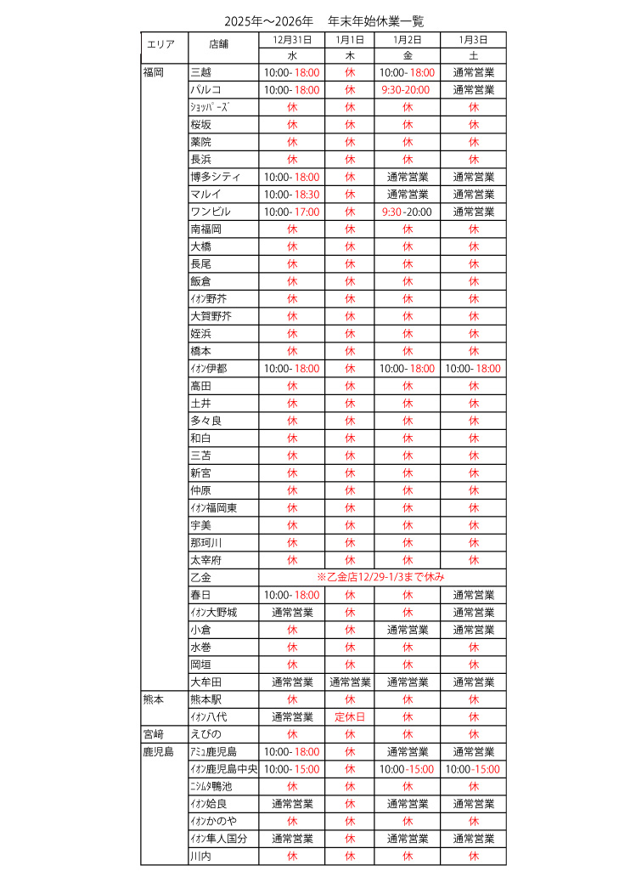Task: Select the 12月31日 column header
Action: click(x=291, y=40)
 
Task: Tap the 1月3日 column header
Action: click(x=473, y=40)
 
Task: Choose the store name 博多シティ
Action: click(x=216, y=177)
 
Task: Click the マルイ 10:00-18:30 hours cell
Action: click(x=291, y=195)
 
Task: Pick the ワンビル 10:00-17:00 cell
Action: click(x=291, y=212)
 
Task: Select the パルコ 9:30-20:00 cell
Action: click(x=407, y=90)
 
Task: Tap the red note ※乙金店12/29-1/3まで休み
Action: click(x=380, y=578)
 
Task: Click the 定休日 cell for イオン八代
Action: click(x=350, y=717)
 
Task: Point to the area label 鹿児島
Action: click(x=158, y=752)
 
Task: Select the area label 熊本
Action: click(x=154, y=699)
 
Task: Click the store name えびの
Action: click(x=205, y=734)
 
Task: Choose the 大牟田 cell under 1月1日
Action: click(x=350, y=682)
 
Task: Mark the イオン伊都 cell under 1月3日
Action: click(x=473, y=369)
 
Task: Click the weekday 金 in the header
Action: click(x=407, y=55)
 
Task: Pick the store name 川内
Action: click(x=200, y=856)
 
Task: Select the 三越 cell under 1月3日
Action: click(x=473, y=73)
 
